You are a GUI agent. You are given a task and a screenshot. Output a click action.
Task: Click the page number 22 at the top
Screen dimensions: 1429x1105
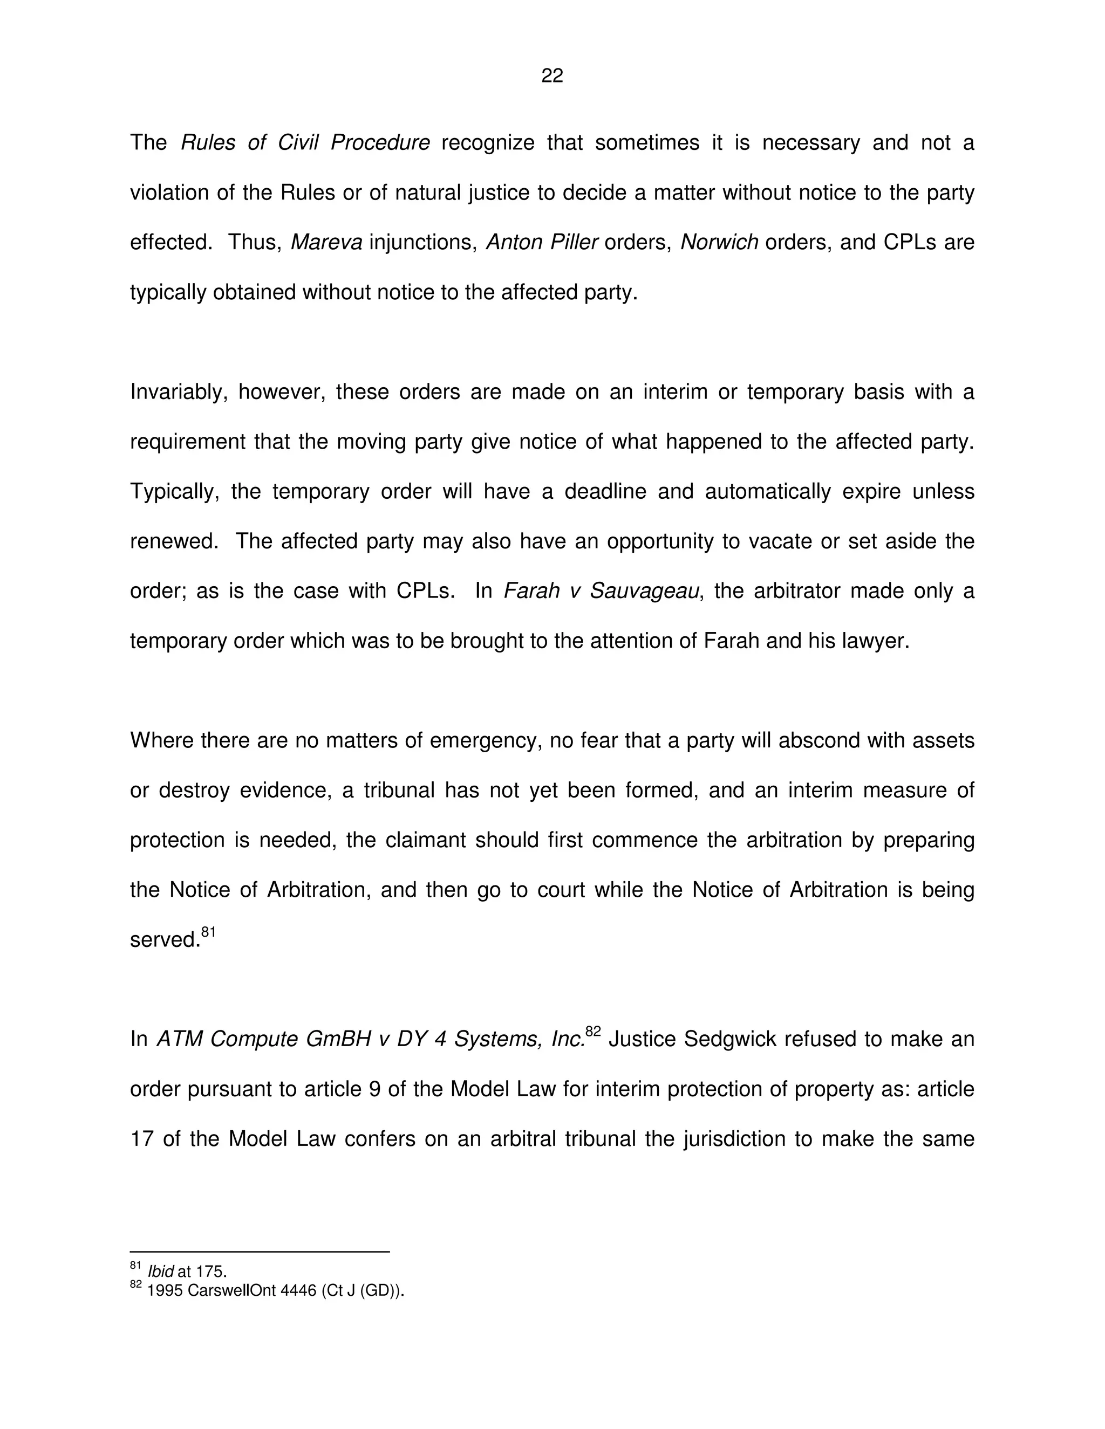coord(552,76)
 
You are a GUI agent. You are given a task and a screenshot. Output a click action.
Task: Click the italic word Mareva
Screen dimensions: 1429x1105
coord(326,242)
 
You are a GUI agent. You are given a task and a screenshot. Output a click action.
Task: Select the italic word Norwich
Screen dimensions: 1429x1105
coord(719,242)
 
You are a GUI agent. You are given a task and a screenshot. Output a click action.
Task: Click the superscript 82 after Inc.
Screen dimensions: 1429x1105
coord(593,1032)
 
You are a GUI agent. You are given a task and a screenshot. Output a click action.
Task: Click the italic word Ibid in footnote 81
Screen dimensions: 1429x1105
coord(161,1272)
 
